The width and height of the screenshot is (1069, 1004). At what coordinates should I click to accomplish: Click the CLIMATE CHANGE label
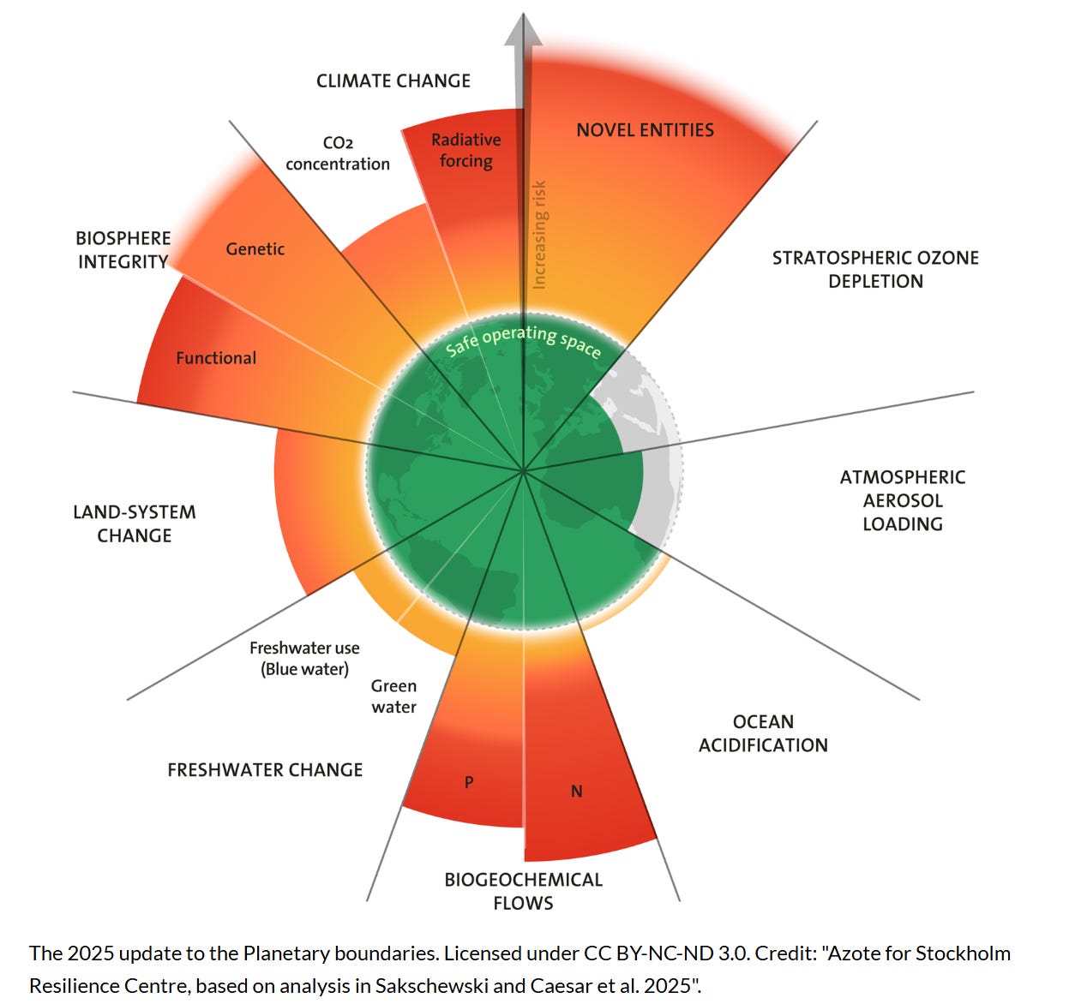pos(393,81)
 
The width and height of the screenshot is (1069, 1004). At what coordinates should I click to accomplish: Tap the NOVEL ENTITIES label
pos(645,130)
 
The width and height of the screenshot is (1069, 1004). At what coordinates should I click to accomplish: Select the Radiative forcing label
pos(465,151)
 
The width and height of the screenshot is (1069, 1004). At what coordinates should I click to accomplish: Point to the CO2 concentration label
pos(338,153)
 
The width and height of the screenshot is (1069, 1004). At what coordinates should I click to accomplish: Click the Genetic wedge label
pos(255,249)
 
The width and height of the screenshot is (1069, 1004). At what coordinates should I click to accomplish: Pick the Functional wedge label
pos(216,358)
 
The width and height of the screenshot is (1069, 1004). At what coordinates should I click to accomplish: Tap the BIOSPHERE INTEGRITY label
pos(123,250)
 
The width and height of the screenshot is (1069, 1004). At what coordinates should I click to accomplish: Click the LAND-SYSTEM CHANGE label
pos(135,523)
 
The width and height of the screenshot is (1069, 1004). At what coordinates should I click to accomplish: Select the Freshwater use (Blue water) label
pos(304,659)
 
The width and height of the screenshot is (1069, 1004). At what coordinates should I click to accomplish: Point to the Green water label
pos(393,696)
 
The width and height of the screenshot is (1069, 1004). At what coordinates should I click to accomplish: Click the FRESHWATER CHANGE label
pos(265,770)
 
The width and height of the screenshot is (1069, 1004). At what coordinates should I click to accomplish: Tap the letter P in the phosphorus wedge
pos(469,782)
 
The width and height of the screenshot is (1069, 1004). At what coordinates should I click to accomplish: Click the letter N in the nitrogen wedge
pos(577,792)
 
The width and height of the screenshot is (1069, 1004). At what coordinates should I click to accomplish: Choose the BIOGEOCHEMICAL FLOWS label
pos(523,891)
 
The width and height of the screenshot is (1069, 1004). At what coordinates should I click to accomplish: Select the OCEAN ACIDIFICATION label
pos(763,733)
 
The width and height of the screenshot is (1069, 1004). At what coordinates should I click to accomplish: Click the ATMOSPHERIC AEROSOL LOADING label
pos(903,500)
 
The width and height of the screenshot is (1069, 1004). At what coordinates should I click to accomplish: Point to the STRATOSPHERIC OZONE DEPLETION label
pos(875,269)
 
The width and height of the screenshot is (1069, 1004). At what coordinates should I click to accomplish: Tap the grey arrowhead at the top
pos(523,30)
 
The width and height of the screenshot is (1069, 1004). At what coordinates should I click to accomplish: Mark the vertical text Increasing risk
pos(539,234)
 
